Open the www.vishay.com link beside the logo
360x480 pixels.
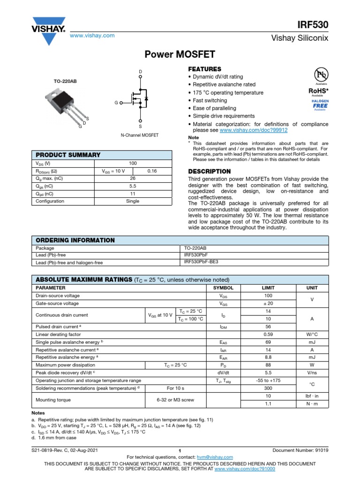pos(92,36)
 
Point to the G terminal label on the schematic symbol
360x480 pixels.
pos(115,102)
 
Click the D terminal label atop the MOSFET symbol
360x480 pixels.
pos(140,72)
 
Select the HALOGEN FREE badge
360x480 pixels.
pos(320,104)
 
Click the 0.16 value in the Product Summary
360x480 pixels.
pos(152,171)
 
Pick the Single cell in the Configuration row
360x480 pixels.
pos(133,201)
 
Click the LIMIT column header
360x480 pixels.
pos(268,288)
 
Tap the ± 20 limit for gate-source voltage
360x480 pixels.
pos(268,304)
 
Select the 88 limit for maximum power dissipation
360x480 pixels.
pos(268,365)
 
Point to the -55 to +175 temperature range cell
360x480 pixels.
pos(268,381)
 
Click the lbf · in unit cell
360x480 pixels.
pos(312,396)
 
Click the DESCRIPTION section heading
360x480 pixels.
pos(209,172)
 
